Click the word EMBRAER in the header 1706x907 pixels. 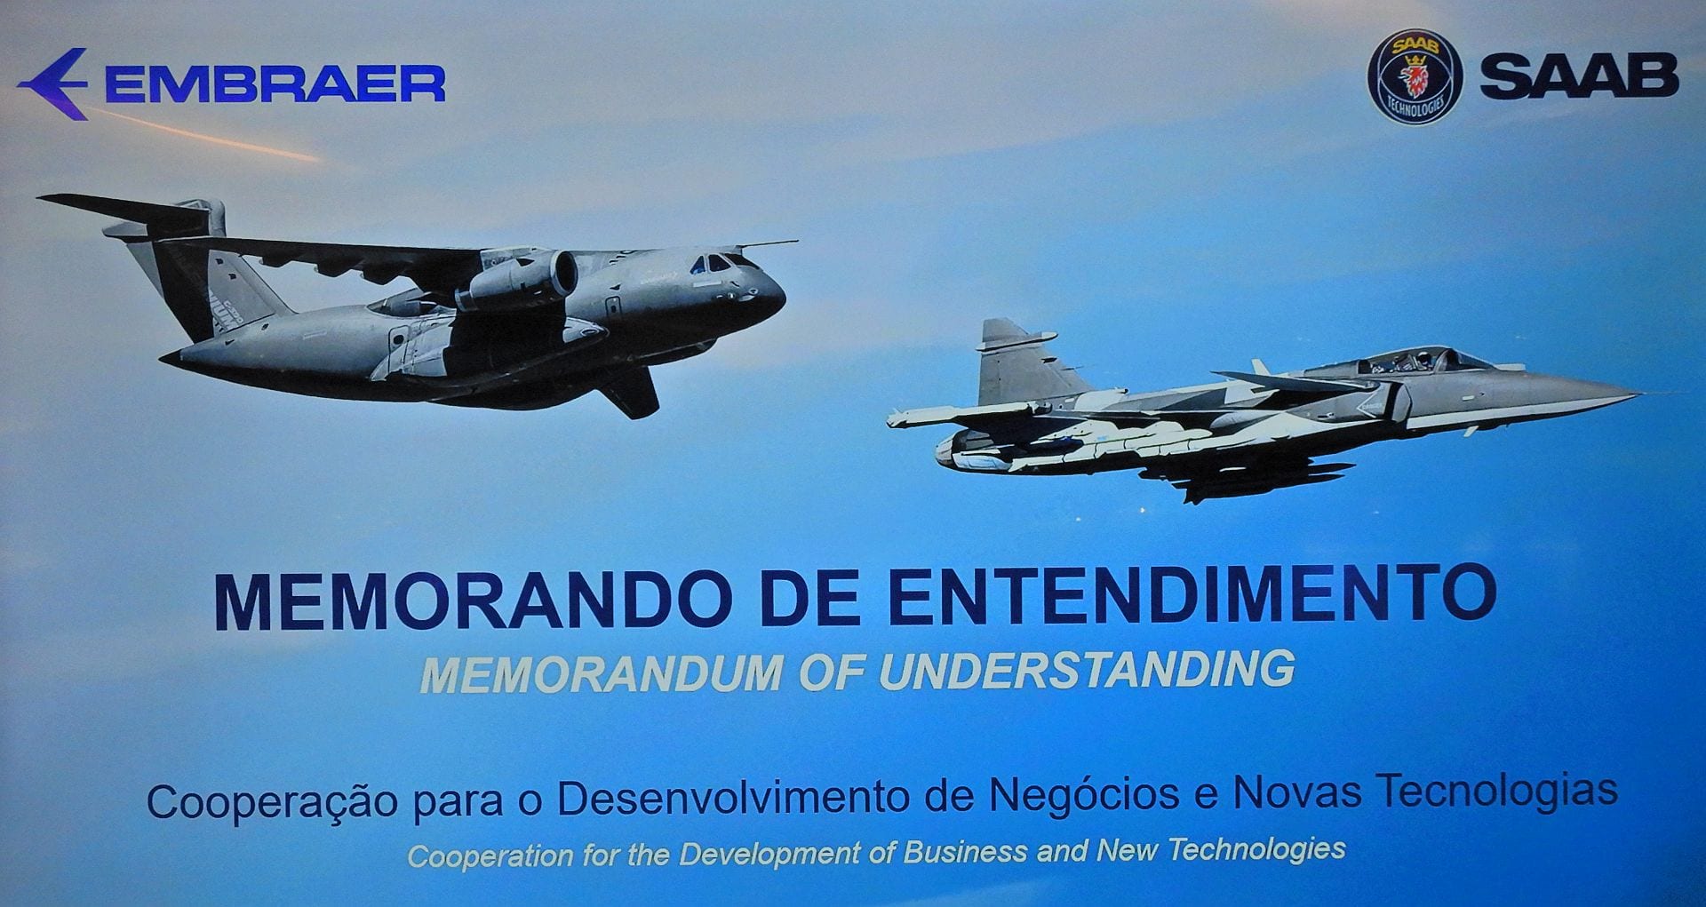click(275, 84)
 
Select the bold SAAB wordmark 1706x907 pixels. click(1579, 76)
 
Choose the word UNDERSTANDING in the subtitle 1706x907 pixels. click(1087, 669)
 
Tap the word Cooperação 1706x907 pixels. click(272, 802)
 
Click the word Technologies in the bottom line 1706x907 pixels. click(1256, 849)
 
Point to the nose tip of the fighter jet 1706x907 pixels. click(1638, 395)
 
